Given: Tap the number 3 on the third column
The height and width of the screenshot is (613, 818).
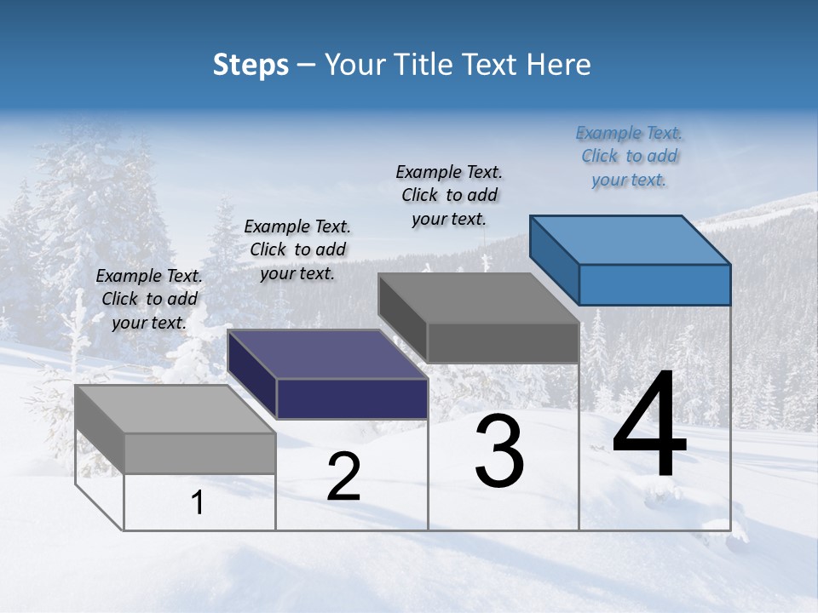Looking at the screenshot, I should click(499, 450).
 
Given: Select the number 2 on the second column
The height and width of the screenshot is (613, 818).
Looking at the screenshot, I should click(343, 477).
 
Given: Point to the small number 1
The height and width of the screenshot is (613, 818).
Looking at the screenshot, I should click(198, 503).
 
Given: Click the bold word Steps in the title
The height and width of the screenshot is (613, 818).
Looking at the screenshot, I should click(251, 65).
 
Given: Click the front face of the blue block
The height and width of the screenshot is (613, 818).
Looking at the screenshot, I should click(654, 284).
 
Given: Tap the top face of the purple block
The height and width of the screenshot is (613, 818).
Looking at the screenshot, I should click(328, 354).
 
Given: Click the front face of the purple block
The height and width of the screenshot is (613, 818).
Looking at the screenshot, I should click(352, 398).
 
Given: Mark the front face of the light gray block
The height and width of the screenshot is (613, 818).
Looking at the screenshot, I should click(199, 453).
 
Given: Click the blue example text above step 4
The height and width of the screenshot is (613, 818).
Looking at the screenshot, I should click(629, 157).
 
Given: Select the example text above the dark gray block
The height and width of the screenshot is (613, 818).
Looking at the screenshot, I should click(449, 196).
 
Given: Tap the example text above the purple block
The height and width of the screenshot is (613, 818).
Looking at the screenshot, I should click(297, 249).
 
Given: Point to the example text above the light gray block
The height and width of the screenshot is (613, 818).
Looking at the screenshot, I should click(149, 299).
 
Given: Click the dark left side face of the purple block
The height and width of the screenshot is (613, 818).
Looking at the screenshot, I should click(252, 375).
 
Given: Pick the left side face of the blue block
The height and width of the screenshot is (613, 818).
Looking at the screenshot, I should click(555, 261).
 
